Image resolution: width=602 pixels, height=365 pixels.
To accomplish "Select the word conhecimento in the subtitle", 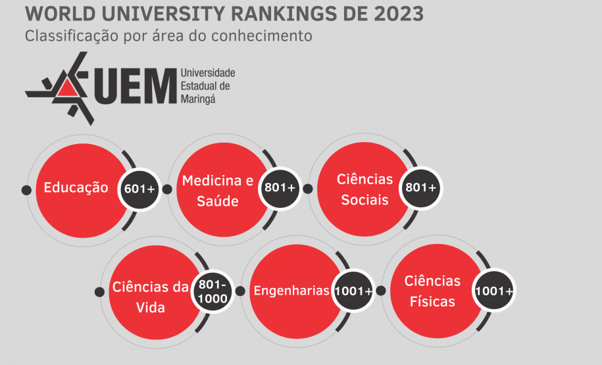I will (x=268, y=36).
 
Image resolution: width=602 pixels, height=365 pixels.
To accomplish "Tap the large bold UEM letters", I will (x=135, y=87).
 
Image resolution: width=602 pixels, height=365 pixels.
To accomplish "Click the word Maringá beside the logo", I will (x=197, y=99).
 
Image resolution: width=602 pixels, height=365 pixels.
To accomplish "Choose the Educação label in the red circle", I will (x=76, y=187).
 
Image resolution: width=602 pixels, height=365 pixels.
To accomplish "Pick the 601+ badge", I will (x=139, y=189).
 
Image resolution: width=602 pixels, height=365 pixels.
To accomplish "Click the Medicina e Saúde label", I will (x=217, y=190).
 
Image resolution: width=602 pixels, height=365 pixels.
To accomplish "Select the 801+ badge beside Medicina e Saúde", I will (x=280, y=188).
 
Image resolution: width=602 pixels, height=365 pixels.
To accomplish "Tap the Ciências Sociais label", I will (x=364, y=189).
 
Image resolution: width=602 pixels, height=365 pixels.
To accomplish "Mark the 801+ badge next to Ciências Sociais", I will (x=421, y=188).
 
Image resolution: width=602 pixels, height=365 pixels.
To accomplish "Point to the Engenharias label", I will (x=291, y=291).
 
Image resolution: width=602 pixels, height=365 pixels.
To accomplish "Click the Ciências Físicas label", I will (x=432, y=291).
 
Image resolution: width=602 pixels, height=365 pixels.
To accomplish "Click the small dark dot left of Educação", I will (x=26, y=190).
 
